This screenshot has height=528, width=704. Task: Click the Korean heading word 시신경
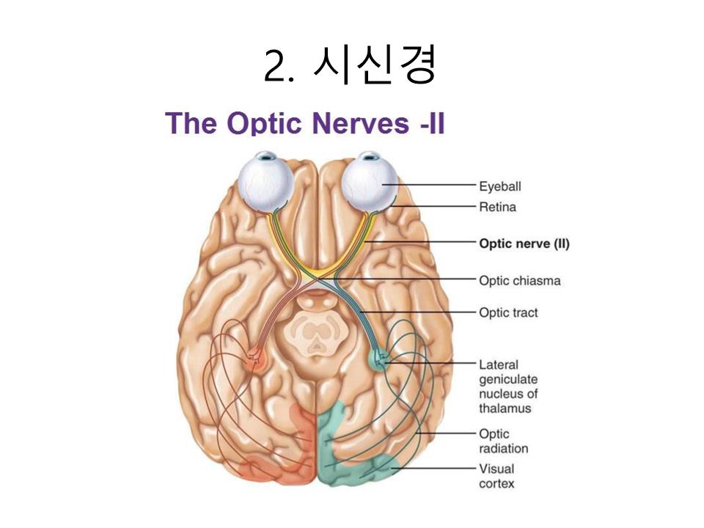[x=375, y=66]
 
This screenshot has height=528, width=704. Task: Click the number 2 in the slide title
[x=274, y=67]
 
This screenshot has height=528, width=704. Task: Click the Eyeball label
[x=499, y=186]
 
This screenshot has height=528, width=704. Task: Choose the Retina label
[x=497, y=207]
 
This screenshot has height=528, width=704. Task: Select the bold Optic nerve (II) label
[x=524, y=243]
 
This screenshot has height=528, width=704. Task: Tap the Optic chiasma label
[x=519, y=280]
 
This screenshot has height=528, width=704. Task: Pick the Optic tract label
[x=508, y=312]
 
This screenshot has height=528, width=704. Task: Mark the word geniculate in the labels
[x=507, y=379]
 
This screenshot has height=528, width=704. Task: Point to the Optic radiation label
[x=503, y=441]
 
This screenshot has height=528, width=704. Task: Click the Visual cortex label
[x=496, y=476]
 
